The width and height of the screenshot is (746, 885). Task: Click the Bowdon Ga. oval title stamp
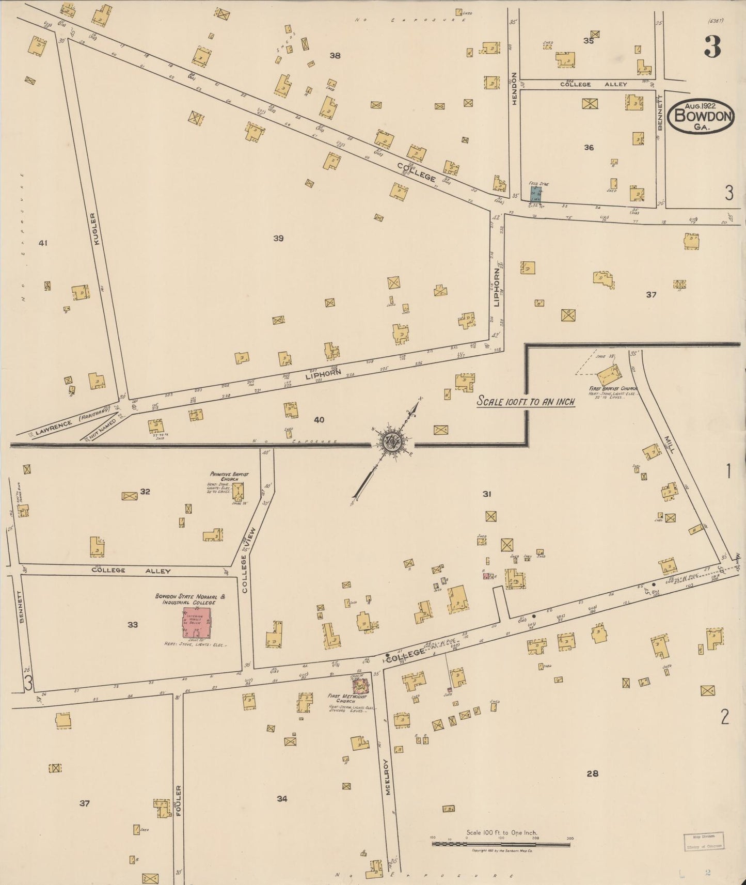701,116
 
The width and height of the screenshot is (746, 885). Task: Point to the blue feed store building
535,194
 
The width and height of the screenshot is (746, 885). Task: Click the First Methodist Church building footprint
360,686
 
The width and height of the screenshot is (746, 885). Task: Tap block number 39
278,238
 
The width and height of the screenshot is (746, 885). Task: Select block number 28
592,773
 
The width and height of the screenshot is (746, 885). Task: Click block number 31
486,494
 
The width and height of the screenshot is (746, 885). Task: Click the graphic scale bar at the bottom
501,844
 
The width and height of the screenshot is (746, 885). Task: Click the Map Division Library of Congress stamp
704,841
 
